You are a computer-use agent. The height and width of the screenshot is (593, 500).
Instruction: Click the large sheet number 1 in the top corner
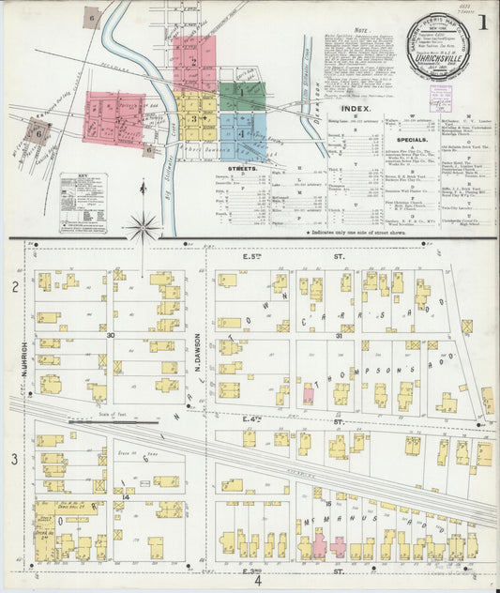482,20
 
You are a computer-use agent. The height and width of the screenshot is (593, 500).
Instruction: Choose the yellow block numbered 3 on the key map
194,119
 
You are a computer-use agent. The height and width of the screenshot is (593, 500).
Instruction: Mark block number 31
311,335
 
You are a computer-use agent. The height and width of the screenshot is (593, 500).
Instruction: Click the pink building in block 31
307,394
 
